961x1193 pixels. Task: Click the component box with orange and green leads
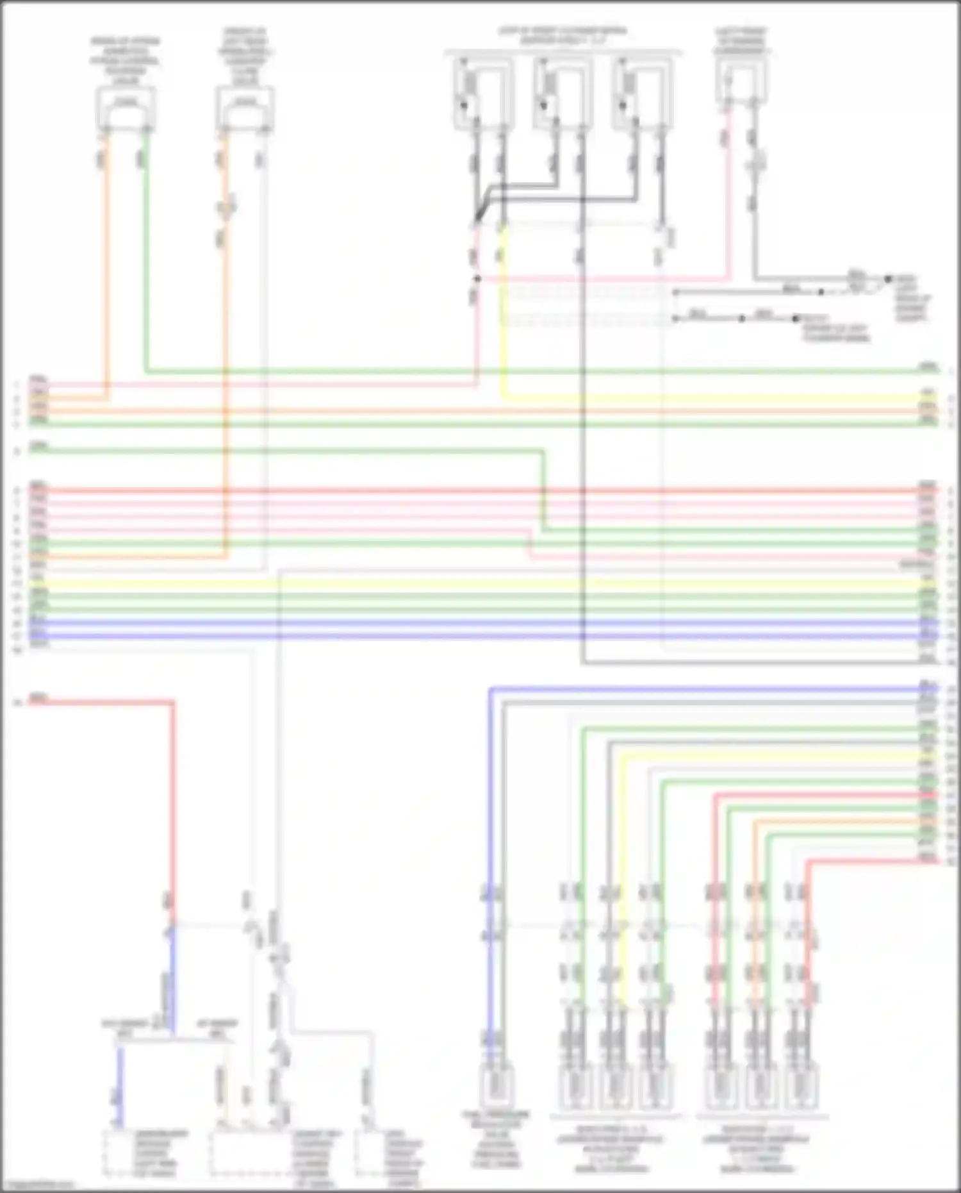126,109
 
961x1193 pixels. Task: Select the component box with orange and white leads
245,109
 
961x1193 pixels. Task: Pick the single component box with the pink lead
742,83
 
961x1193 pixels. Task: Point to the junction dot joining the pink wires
477,279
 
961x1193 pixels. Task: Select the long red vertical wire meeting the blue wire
173,801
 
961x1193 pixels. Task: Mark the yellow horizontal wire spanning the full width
481,583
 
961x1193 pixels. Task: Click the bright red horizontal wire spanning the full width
481,490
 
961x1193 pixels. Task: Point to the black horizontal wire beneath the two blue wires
750,663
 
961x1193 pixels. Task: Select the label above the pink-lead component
742,40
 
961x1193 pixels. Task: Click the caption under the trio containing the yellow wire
612,1147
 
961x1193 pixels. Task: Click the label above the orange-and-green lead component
126,61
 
